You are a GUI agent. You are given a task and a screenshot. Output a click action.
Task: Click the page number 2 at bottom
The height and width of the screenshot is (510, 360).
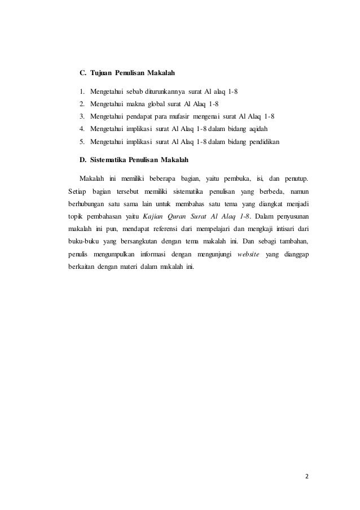click(x=307, y=475)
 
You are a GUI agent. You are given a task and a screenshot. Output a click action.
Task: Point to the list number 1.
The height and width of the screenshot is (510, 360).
click(x=82, y=91)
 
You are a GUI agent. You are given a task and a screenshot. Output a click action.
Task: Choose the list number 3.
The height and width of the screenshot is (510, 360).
click(x=82, y=116)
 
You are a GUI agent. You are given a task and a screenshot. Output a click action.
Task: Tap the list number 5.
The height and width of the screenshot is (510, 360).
click(x=82, y=141)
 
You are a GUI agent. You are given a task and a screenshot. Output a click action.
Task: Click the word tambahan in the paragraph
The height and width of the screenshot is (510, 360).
click(x=290, y=241)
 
